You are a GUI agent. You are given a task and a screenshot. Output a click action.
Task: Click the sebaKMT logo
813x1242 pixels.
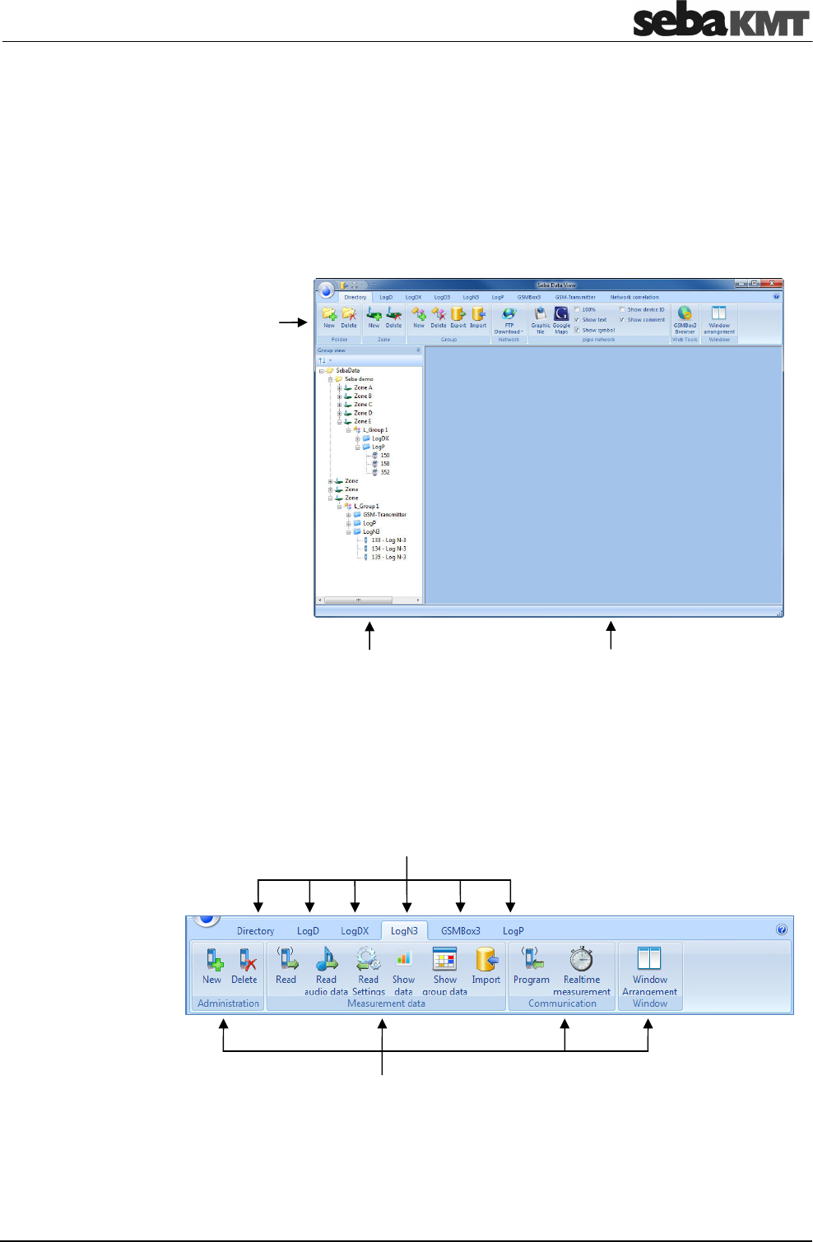click(720, 21)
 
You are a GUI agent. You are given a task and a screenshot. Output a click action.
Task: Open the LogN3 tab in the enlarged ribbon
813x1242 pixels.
click(404, 931)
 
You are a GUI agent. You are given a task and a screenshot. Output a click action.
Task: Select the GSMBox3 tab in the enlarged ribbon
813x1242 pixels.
click(460, 931)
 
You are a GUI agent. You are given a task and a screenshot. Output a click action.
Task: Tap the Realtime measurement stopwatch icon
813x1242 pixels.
click(582, 959)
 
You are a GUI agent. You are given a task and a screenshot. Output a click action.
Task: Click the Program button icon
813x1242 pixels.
click(532, 959)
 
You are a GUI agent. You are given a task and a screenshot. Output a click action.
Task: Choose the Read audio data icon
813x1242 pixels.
click(327, 959)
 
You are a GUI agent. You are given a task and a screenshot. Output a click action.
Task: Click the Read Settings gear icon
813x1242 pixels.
click(368, 959)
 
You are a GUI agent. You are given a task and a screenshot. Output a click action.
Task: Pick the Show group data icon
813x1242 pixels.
click(444, 959)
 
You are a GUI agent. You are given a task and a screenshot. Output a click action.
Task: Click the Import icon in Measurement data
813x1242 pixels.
click(486, 959)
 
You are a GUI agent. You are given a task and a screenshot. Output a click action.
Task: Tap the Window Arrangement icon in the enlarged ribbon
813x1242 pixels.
click(649, 959)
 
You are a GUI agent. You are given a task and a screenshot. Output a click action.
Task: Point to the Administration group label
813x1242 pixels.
click(228, 1003)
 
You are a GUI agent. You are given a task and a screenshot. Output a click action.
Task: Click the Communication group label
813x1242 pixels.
click(562, 1003)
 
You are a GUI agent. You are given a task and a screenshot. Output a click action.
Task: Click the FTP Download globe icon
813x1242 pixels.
click(509, 313)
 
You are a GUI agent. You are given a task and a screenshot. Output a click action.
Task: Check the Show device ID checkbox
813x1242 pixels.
click(622, 310)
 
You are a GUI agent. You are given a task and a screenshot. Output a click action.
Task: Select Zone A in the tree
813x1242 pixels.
click(362, 387)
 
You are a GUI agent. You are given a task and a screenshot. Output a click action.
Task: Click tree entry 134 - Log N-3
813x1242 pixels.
click(388, 549)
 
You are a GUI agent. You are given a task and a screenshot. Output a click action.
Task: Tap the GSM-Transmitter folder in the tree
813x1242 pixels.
click(384, 515)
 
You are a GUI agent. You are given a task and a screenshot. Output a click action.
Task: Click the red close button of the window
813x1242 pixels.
click(772, 284)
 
